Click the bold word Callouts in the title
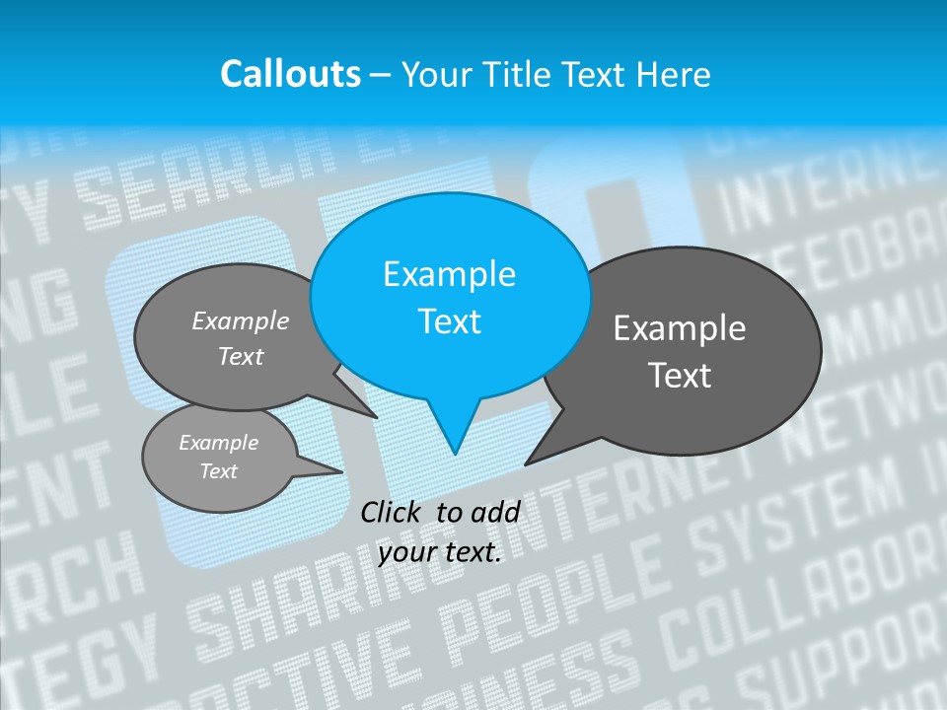[x=290, y=74]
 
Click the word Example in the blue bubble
[x=449, y=273]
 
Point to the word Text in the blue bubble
[x=449, y=321]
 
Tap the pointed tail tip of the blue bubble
[x=455, y=451]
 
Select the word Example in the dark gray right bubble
[x=680, y=328]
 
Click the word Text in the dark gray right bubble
[x=680, y=376]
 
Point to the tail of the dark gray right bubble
[x=538, y=454]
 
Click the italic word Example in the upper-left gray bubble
[x=241, y=320]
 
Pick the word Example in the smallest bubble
[x=218, y=443]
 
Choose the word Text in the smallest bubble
[x=218, y=471]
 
